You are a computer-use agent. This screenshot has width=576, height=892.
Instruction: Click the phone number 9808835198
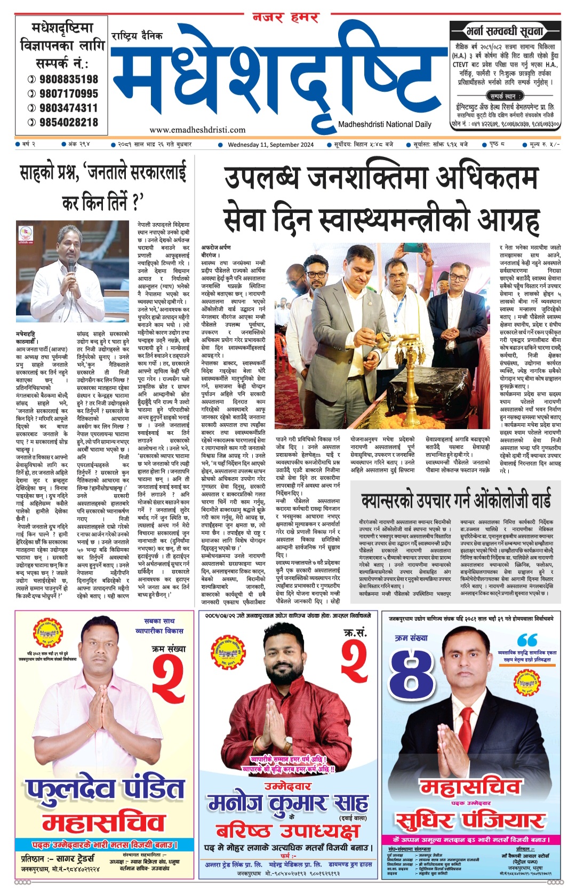(68, 79)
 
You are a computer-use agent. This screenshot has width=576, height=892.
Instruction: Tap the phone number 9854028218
(68, 122)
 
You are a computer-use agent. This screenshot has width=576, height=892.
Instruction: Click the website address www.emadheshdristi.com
(197, 129)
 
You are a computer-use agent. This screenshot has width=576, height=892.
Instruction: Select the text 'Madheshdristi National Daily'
(385, 124)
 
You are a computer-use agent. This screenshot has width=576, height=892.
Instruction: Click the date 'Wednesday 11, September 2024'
(270, 145)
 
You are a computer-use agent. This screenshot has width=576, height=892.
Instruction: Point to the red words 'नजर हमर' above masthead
(285, 18)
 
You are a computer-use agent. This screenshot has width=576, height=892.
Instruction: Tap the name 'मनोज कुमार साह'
(287, 802)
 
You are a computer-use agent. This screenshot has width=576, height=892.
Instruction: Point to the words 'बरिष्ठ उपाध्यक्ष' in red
(287, 831)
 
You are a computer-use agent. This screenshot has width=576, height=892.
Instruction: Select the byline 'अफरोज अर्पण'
(216, 248)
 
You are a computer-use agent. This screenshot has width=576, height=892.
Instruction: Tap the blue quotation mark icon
(527, 640)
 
